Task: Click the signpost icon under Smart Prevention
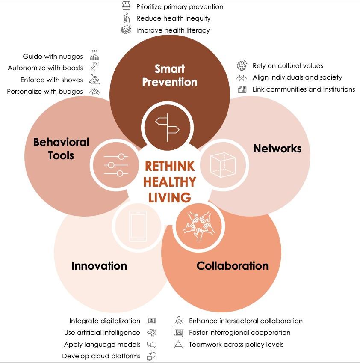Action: [x=167, y=126]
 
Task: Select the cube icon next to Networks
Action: [x=222, y=165]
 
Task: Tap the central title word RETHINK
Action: [x=169, y=166]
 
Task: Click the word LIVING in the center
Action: [x=169, y=198]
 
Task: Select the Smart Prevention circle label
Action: [x=169, y=75]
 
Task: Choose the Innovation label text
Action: [x=99, y=266]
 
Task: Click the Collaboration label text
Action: [x=232, y=266]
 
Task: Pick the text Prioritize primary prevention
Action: [x=180, y=6]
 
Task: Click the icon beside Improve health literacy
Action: [x=126, y=30]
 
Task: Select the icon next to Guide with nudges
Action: [x=94, y=56]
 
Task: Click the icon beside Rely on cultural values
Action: [x=242, y=66]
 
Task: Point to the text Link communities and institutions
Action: [x=304, y=89]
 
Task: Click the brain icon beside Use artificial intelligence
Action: [x=151, y=333]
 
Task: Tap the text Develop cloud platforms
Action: [x=101, y=356]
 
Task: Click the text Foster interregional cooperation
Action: [x=239, y=333]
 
